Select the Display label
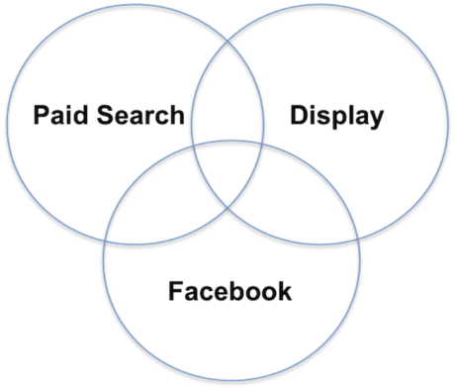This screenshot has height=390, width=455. (336, 115)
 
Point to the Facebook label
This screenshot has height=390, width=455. (229, 291)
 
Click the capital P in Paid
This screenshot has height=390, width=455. (42, 115)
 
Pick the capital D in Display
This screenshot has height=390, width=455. (299, 115)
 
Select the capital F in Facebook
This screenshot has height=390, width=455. (175, 291)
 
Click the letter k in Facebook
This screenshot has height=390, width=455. (283, 291)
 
